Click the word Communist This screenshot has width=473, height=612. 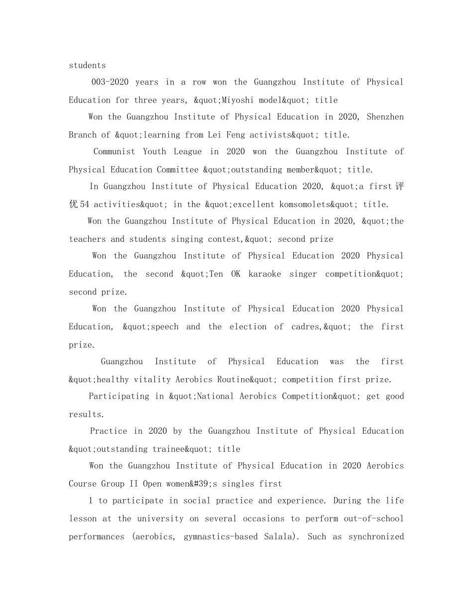(x=114, y=152)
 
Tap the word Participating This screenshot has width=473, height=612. (x=119, y=397)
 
